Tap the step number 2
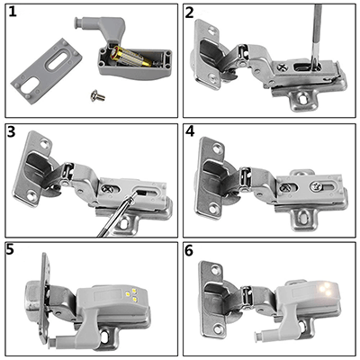pos(191,14)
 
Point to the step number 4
pos(191,132)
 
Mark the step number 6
pos(191,250)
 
